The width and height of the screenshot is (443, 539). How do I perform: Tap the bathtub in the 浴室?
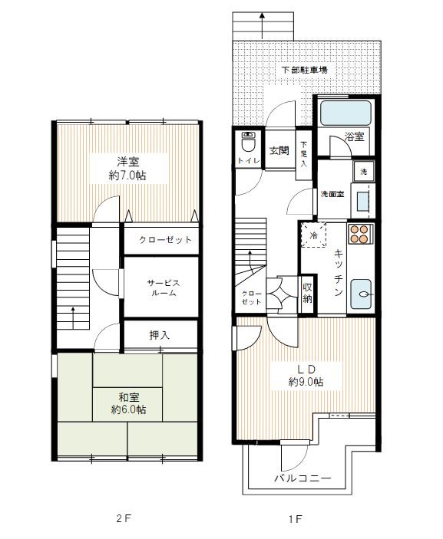click(x=345, y=113)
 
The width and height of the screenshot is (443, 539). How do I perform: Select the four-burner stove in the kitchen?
click(x=360, y=234)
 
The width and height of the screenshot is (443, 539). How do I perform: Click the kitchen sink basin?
click(x=361, y=294)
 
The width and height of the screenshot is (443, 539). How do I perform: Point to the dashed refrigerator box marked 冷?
click(x=313, y=235)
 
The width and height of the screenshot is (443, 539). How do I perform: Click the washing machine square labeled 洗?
click(x=363, y=172)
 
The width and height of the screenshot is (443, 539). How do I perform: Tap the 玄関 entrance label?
click(x=279, y=150)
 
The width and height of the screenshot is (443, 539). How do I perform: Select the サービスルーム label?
click(x=164, y=288)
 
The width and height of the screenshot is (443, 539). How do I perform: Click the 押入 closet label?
click(x=160, y=335)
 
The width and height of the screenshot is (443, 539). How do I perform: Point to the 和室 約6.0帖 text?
click(x=128, y=403)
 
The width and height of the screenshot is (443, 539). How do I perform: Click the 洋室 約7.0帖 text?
click(x=127, y=169)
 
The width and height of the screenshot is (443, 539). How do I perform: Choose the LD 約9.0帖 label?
click(x=306, y=376)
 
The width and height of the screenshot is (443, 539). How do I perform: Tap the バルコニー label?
click(x=303, y=478)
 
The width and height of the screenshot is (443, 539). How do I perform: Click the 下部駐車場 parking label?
click(x=304, y=70)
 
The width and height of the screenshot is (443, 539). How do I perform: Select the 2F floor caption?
click(x=124, y=518)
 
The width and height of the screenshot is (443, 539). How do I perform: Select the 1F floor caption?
click(x=296, y=519)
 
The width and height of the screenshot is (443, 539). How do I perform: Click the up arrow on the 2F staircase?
click(x=73, y=318)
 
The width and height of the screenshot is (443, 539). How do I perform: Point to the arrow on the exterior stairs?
click(x=263, y=26)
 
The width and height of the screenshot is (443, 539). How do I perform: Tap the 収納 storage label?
click(x=307, y=293)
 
